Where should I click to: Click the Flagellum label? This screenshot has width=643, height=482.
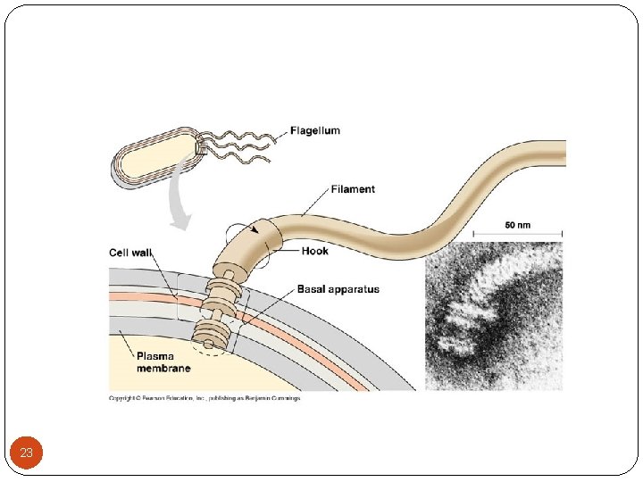pyautogui.click(x=314, y=130)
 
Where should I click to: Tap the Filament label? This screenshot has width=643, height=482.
pyautogui.click(x=353, y=189)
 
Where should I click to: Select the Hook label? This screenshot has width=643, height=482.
pyautogui.click(x=314, y=251)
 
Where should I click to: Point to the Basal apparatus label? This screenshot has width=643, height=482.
pyautogui.click(x=338, y=289)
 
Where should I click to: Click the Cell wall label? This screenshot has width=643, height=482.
pyautogui.click(x=130, y=253)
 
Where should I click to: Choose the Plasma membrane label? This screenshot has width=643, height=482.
pyautogui.click(x=163, y=361)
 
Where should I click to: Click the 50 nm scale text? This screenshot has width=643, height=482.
pyautogui.click(x=516, y=225)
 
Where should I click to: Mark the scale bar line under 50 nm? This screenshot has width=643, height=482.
pyautogui.click(x=516, y=235)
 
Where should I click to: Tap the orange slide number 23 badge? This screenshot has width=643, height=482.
pyautogui.click(x=26, y=453)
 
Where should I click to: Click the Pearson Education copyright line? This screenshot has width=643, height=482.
pyautogui.click(x=205, y=398)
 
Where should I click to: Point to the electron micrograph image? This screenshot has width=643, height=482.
pyautogui.click(x=493, y=316)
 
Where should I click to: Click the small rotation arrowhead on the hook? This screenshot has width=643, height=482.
pyautogui.click(x=257, y=229)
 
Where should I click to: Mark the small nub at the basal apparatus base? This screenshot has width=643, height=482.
pyautogui.click(x=207, y=345)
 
